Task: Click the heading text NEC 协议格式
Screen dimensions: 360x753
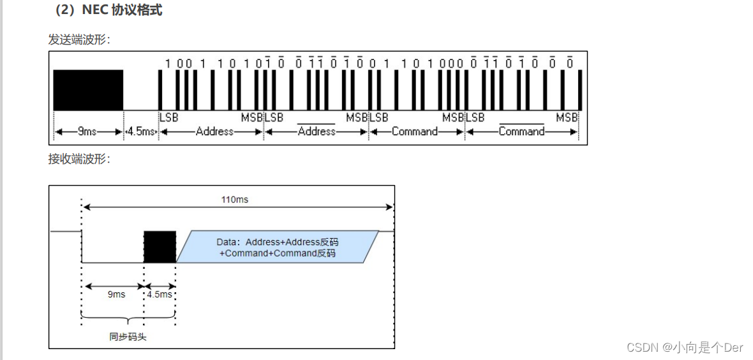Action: [122, 11]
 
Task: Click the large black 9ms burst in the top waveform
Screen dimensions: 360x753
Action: [88, 90]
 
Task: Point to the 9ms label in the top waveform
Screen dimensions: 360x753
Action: [87, 131]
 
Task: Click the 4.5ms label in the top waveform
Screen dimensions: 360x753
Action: [140, 131]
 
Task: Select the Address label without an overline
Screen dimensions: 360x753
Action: [214, 131]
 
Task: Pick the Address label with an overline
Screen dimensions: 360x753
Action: [317, 131]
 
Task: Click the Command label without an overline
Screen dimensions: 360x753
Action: [415, 131]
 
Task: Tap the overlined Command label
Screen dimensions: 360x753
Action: [521, 131]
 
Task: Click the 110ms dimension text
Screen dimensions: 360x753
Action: [235, 200]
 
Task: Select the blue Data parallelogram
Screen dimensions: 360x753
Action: [278, 247]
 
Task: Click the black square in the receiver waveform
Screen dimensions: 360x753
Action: [160, 246]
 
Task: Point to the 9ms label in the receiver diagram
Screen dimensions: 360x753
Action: [116, 294]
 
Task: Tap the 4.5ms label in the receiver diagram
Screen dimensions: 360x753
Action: [160, 294]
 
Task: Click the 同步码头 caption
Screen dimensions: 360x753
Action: [128, 336]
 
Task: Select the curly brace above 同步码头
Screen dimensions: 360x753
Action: [128, 320]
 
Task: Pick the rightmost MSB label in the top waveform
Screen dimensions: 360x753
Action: [567, 117]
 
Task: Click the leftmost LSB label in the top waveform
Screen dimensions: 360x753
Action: [168, 117]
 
